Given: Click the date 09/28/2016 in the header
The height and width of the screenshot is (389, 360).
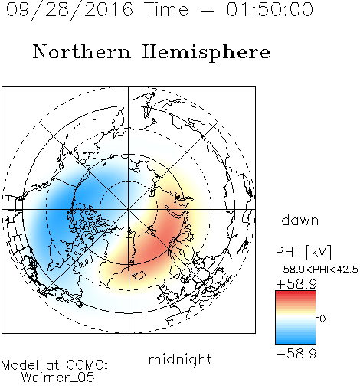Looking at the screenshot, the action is [x=70, y=10].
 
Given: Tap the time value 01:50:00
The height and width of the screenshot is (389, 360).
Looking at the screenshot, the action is [x=270, y=9].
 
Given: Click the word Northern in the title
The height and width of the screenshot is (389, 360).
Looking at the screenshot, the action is [x=82, y=52].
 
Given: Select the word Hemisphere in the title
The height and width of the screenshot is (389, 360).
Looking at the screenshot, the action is [x=206, y=53].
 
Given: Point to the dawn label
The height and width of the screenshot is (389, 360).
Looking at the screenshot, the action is [x=300, y=221].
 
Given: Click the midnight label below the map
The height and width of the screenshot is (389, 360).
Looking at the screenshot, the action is [x=180, y=360].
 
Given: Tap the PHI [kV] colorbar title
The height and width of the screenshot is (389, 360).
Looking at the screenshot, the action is [x=303, y=252].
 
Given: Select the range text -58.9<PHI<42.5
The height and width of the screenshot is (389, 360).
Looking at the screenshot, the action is [x=317, y=270].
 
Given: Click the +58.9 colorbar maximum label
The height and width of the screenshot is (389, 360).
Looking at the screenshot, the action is [x=296, y=284].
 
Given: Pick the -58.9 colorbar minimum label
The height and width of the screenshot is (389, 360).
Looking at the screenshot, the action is [x=296, y=354].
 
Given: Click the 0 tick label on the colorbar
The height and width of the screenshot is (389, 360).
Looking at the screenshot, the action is [x=322, y=319].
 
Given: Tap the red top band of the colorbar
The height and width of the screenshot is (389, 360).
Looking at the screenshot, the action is [x=296, y=293].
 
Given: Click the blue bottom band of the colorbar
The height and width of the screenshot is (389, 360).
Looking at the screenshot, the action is [x=296, y=341].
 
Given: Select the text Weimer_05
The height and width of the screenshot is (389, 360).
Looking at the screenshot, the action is [x=58, y=378].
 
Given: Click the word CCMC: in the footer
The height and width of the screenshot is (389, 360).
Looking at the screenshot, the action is [x=87, y=365].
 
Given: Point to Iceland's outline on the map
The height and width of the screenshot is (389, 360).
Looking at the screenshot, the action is [x=139, y=276].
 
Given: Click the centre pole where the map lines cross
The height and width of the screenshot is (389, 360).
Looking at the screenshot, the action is [x=128, y=210].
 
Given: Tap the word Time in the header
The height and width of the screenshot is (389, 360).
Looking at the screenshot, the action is [x=166, y=9].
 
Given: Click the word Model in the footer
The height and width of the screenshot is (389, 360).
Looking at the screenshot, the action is [x=21, y=365].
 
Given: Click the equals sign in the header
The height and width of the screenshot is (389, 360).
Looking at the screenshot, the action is [x=207, y=10].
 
